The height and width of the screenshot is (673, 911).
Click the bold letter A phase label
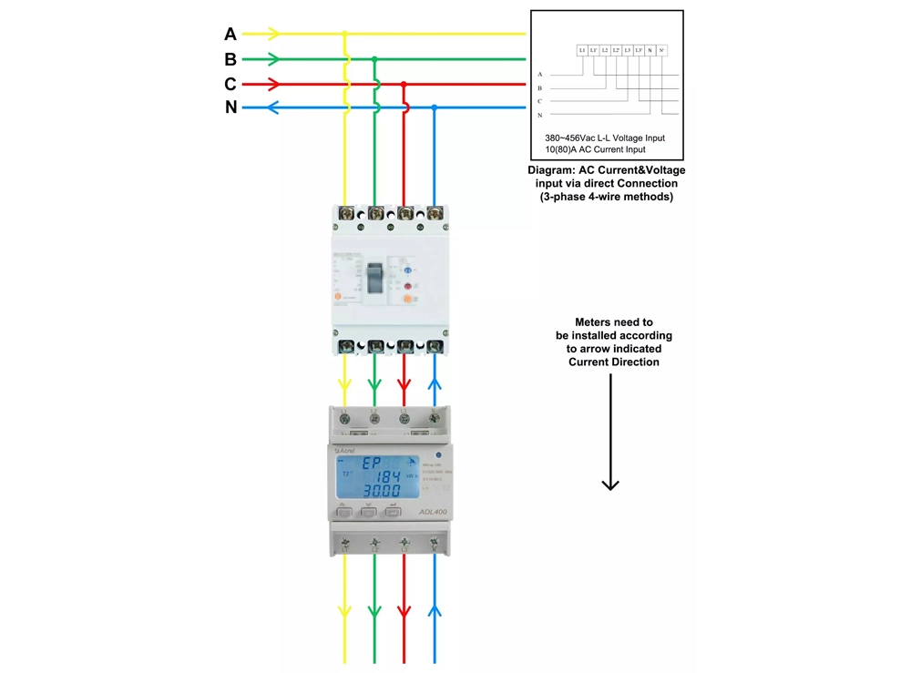click(x=230, y=34)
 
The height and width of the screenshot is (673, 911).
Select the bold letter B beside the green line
click(x=230, y=59)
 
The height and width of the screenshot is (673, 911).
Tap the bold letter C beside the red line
click(x=230, y=84)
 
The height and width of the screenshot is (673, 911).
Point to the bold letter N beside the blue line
click(x=230, y=107)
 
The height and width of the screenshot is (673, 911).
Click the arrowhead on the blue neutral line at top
click(x=250, y=107)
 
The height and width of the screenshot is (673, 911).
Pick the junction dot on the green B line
click(x=374, y=59)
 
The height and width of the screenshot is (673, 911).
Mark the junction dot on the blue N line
click(x=435, y=107)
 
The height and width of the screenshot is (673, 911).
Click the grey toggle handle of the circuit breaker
click(x=375, y=274)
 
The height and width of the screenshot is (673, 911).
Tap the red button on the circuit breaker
click(x=408, y=286)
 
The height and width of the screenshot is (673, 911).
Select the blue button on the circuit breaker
click(x=407, y=270)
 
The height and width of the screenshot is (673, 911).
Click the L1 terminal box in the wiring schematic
click(x=582, y=50)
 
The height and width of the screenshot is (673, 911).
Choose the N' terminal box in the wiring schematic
click(x=662, y=50)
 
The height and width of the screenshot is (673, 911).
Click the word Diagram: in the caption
click(x=551, y=170)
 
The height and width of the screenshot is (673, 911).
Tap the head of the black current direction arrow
click(x=610, y=484)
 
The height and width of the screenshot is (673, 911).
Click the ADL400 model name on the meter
click(x=432, y=512)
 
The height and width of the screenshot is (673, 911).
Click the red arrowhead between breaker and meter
click(x=404, y=385)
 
